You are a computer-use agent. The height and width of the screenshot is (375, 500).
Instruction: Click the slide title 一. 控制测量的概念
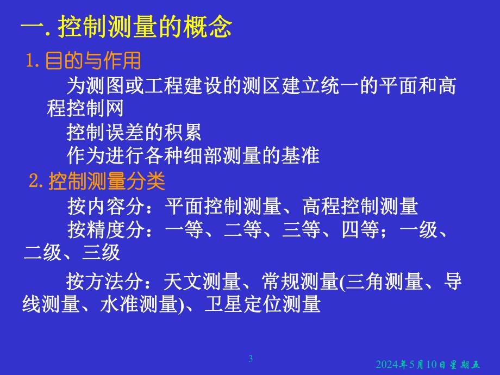click(126, 27)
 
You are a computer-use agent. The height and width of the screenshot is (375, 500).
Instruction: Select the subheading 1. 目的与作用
click(84, 61)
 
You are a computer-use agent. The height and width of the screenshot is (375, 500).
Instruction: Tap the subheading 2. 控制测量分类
click(96, 182)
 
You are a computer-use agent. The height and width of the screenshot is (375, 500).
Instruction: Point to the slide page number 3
click(251, 358)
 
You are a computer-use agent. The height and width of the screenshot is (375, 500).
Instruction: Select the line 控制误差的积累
click(134, 132)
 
